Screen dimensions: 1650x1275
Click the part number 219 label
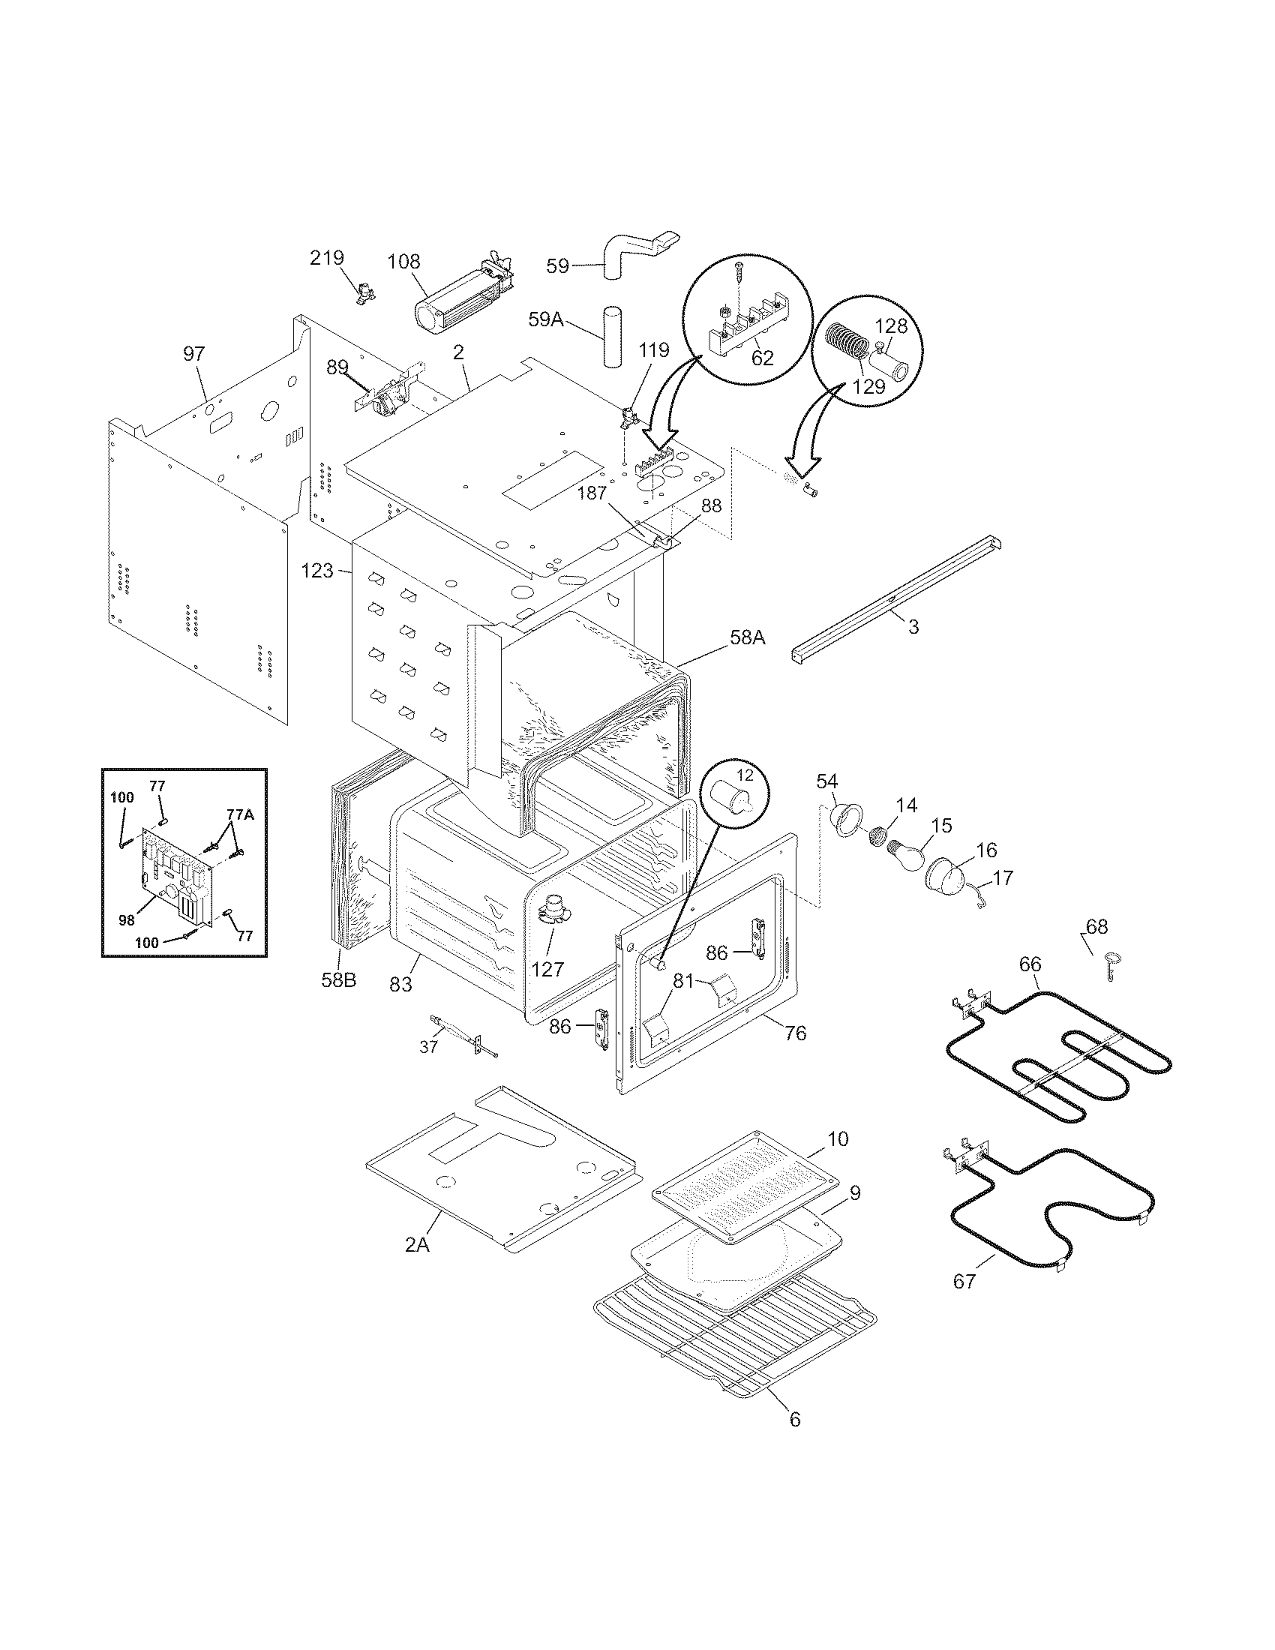326,259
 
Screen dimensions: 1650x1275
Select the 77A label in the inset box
241,815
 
